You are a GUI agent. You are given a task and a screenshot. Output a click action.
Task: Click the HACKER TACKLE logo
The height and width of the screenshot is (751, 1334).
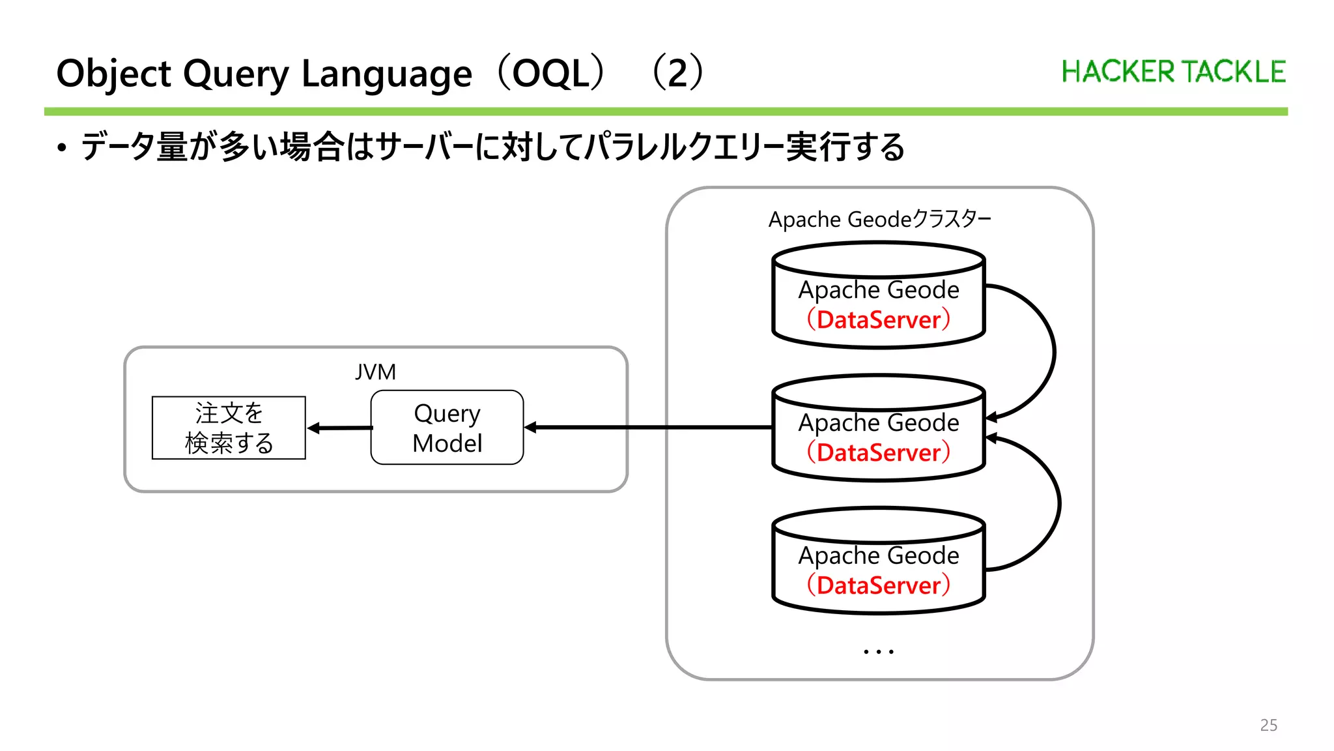pyautogui.click(x=1173, y=72)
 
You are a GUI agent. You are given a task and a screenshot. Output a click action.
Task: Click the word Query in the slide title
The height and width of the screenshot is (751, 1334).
pyautogui.click(x=236, y=74)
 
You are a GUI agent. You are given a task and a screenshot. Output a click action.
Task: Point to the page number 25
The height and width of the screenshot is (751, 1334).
pyautogui.click(x=1268, y=725)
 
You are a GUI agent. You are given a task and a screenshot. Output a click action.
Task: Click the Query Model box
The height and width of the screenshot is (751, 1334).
pyautogui.click(x=447, y=428)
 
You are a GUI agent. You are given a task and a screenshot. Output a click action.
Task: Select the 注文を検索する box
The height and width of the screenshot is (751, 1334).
pyautogui.click(x=229, y=428)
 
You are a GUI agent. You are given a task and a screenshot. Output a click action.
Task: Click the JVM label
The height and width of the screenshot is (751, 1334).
pyautogui.click(x=375, y=372)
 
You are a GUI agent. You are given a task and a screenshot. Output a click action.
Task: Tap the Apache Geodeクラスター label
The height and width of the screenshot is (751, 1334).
pyautogui.click(x=879, y=219)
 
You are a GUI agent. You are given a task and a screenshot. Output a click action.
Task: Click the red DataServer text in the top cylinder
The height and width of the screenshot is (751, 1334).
pyautogui.click(x=879, y=319)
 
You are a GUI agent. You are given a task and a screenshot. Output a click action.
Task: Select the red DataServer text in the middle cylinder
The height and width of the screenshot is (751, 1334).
pyautogui.click(x=879, y=452)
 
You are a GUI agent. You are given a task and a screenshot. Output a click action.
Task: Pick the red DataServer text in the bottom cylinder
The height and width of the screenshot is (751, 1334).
pyautogui.click(x=879, y=585)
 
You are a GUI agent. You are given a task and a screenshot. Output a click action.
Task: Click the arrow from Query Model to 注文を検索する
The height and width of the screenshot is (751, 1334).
pyautogui.click(x=339, y=428)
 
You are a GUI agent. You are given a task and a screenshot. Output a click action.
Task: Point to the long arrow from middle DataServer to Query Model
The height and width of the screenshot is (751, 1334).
pyautogui.click(x=651, y=428)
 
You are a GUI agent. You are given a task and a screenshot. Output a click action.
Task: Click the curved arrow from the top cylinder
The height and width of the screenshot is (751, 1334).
pyautogui.click(x=1053, y=352)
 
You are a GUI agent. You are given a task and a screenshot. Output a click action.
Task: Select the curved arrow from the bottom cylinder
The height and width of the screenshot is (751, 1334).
pyautogui.click(x=1058, y=502)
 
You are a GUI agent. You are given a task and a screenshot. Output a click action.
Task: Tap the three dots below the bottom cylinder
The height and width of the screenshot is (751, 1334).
pyautogui.click(x=878, y=651)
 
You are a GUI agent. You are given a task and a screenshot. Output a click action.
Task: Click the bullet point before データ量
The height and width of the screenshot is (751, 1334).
pyautogui.click(x=61, y=148)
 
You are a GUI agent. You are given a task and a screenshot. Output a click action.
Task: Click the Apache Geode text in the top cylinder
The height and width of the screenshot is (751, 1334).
pyautogui.click(x=879, y=289)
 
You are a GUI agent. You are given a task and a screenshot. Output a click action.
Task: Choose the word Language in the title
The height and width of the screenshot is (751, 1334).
pyautogui.click(x=387, y=74)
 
